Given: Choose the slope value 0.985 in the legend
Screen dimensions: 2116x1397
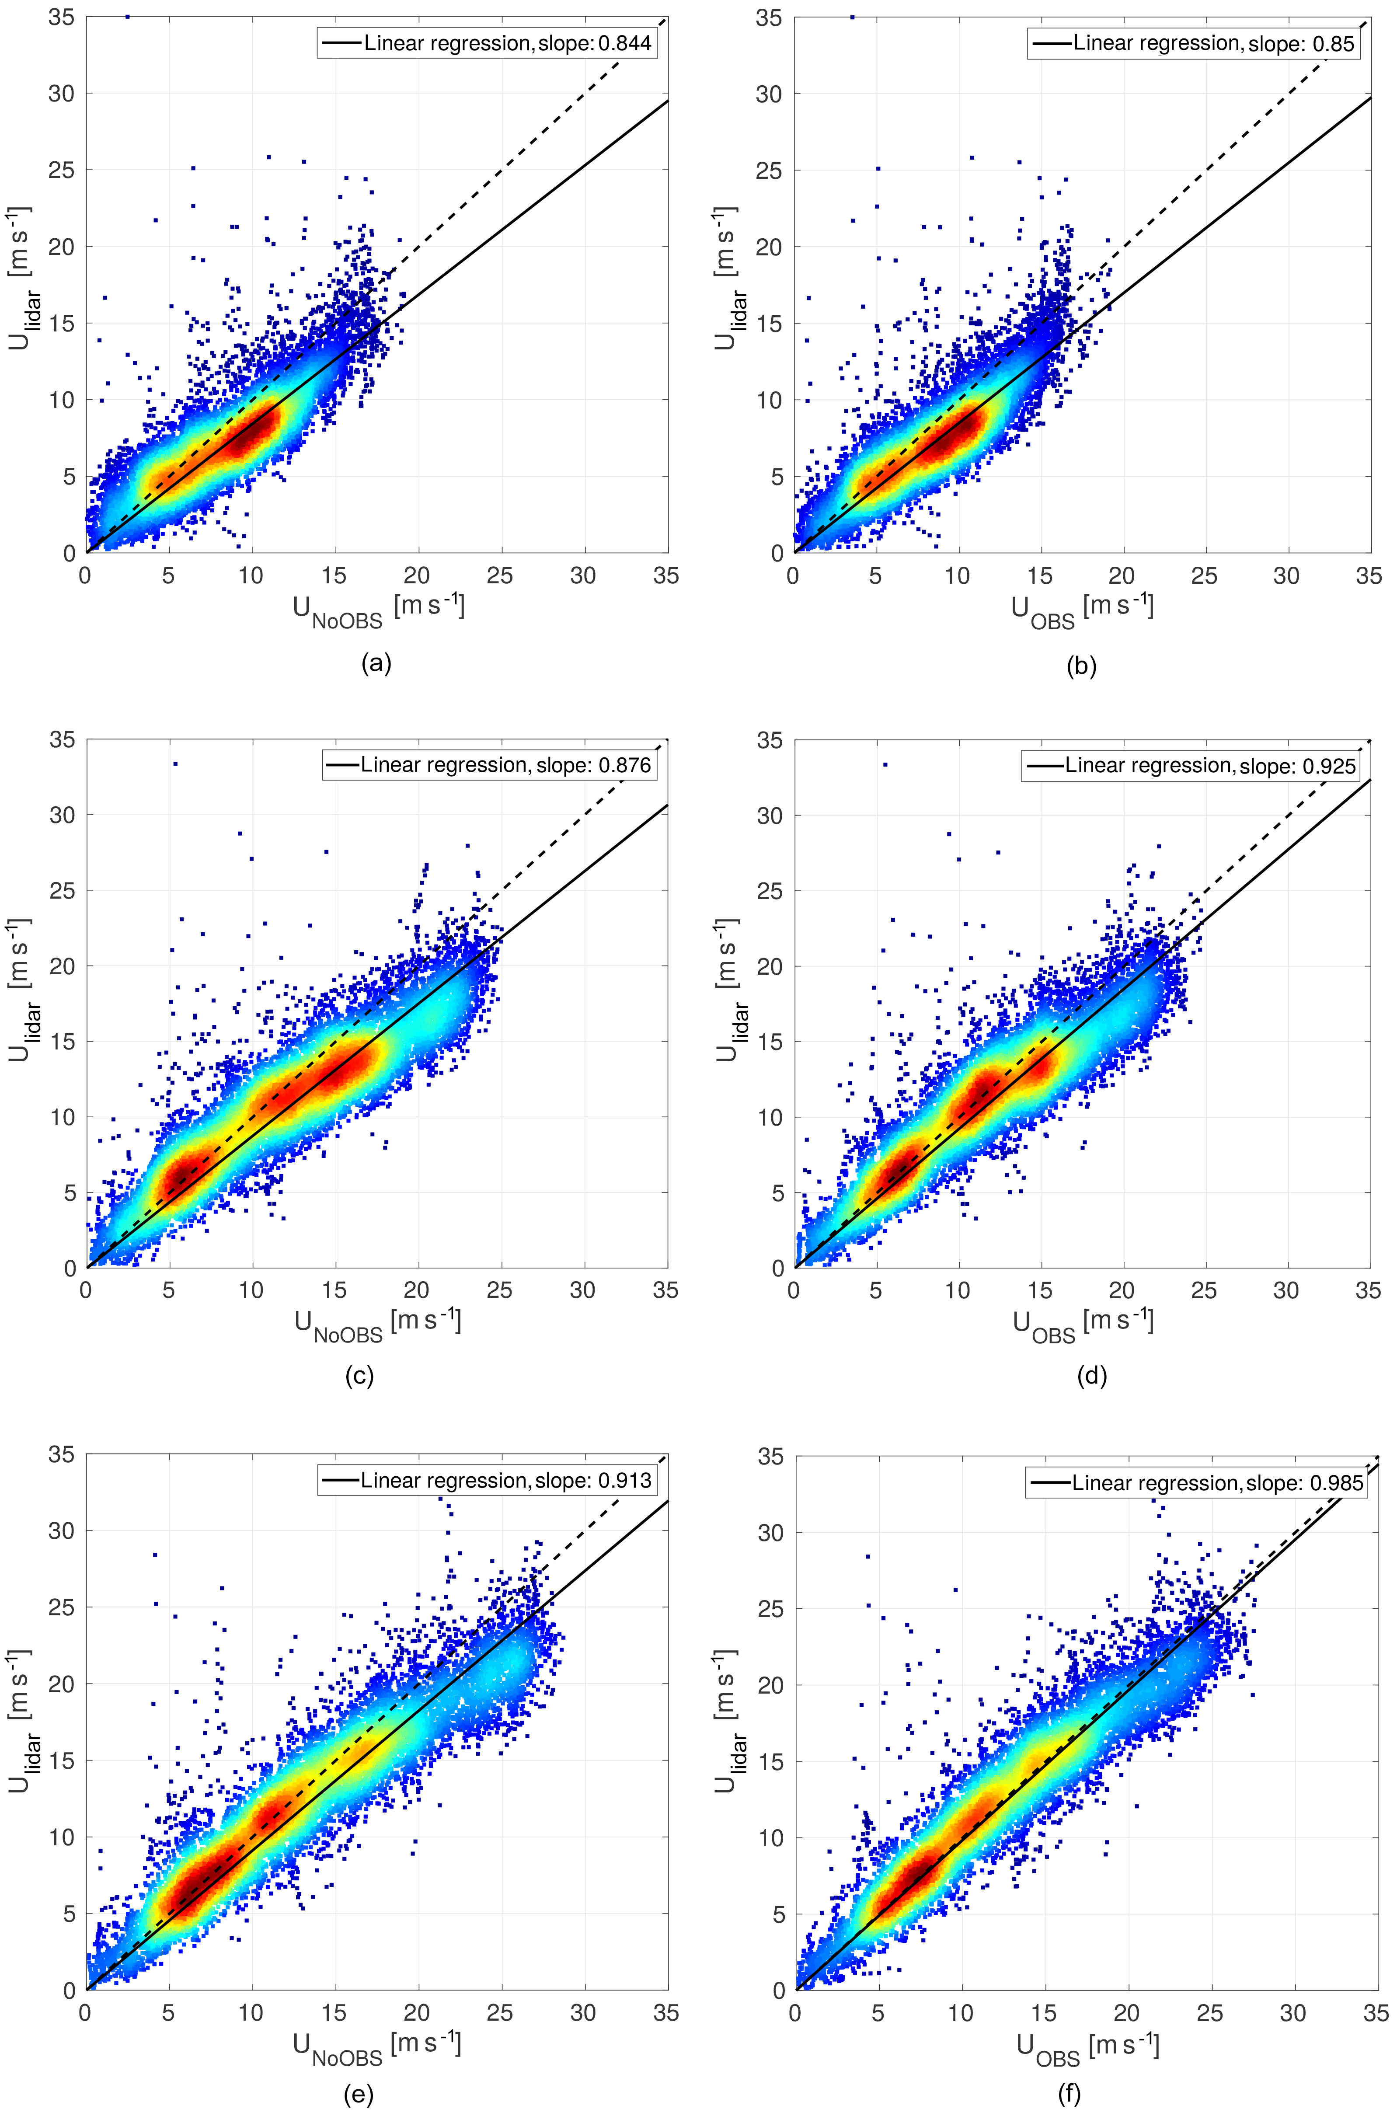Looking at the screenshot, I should [x=1336, y=1483].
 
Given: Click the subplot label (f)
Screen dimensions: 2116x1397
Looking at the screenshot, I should [x=1069, y=2094].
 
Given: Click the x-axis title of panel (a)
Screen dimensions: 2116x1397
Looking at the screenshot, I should [x=379, y=610].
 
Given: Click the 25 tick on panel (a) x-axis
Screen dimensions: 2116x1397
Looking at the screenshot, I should [x=500, y=575].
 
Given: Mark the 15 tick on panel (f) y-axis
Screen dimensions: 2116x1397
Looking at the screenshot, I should [x=772, y=1762].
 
